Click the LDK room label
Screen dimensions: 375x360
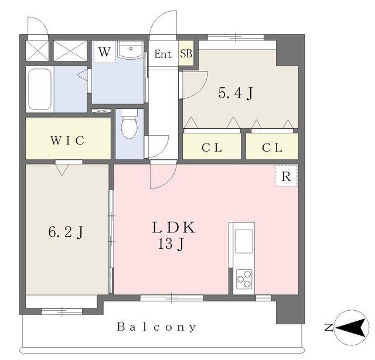174,228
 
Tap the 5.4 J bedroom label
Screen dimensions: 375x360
236,93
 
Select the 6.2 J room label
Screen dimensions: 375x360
66,232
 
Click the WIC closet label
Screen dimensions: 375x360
67,140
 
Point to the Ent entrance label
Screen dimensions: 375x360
163,54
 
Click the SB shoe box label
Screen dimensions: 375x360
186,53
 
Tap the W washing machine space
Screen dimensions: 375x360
104,52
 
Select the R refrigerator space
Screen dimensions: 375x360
287,176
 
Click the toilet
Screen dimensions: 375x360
129,124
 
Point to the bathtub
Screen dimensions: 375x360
40,89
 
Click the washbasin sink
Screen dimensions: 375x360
131,50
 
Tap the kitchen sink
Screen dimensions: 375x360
244,241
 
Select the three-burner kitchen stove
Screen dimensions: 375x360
244,279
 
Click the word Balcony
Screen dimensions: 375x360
156,327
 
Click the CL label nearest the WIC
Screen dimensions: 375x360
212,148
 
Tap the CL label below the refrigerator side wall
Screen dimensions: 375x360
272,148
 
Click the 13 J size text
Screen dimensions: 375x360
171,244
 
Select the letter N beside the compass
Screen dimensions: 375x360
328,327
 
